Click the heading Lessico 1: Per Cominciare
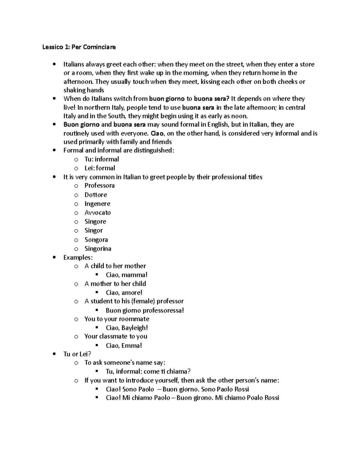click(x=79, y=47)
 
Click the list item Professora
click(x=99, y=186)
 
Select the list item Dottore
click(x=95, y=195)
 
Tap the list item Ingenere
click(x=97, y=204)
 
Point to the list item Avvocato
click(x=97, y=213)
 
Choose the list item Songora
click(x=96, y=240)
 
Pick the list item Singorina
click(x=98, y=249)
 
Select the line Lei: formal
click(x=100, y=168)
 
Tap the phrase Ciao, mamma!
click(x=127, y=275)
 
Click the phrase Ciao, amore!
click(x=124, y=293)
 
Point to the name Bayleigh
click(x=135, y=328)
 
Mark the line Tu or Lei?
click(x=77, y=354)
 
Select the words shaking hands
click(x=84, y=90)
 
